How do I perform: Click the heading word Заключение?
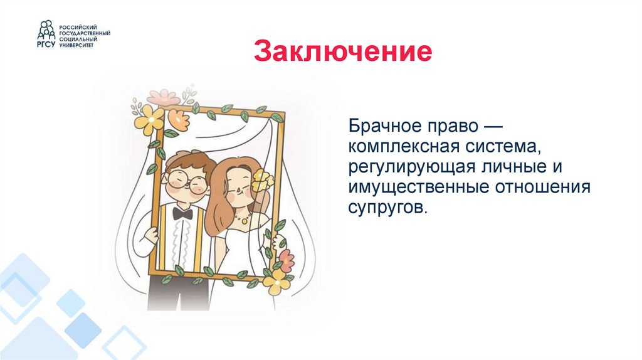(x=343, y=53)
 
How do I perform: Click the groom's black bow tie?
(x=182, y=213)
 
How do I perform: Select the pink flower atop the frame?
(x=164, y=98)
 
